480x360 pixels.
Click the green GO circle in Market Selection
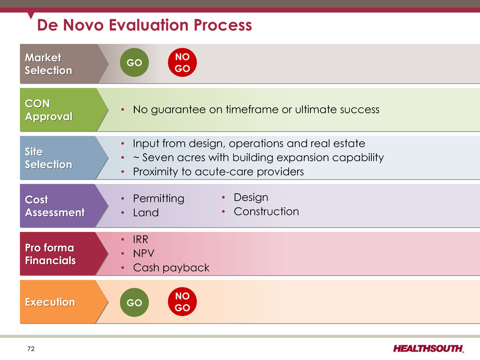[x=134, y=62]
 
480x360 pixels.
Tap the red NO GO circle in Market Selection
[x=182, y=62]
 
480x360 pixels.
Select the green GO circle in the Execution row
[x=134, y=302]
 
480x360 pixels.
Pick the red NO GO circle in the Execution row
[x=182, y=301]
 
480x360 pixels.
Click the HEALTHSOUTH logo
[x=428, y=348]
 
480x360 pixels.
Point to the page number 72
[x=31, y=349]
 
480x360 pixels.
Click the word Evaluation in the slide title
[x=149, y=25]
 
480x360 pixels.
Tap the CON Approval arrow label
[x=64, y=110]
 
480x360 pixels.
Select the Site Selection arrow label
[x=64, y=158]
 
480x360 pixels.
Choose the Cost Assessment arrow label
[x=64, y=206]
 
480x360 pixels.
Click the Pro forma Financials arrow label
[x=64, y=254]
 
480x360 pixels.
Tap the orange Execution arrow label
[x=64, y=302]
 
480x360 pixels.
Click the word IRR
[x=140, y=239]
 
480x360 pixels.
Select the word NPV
[x=143, y=253]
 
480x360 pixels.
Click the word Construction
[x=267, y=211]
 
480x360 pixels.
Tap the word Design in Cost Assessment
[x=251, y=198]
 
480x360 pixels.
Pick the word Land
[x=146, y=213]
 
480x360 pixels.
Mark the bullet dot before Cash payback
[x=123, y=268]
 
